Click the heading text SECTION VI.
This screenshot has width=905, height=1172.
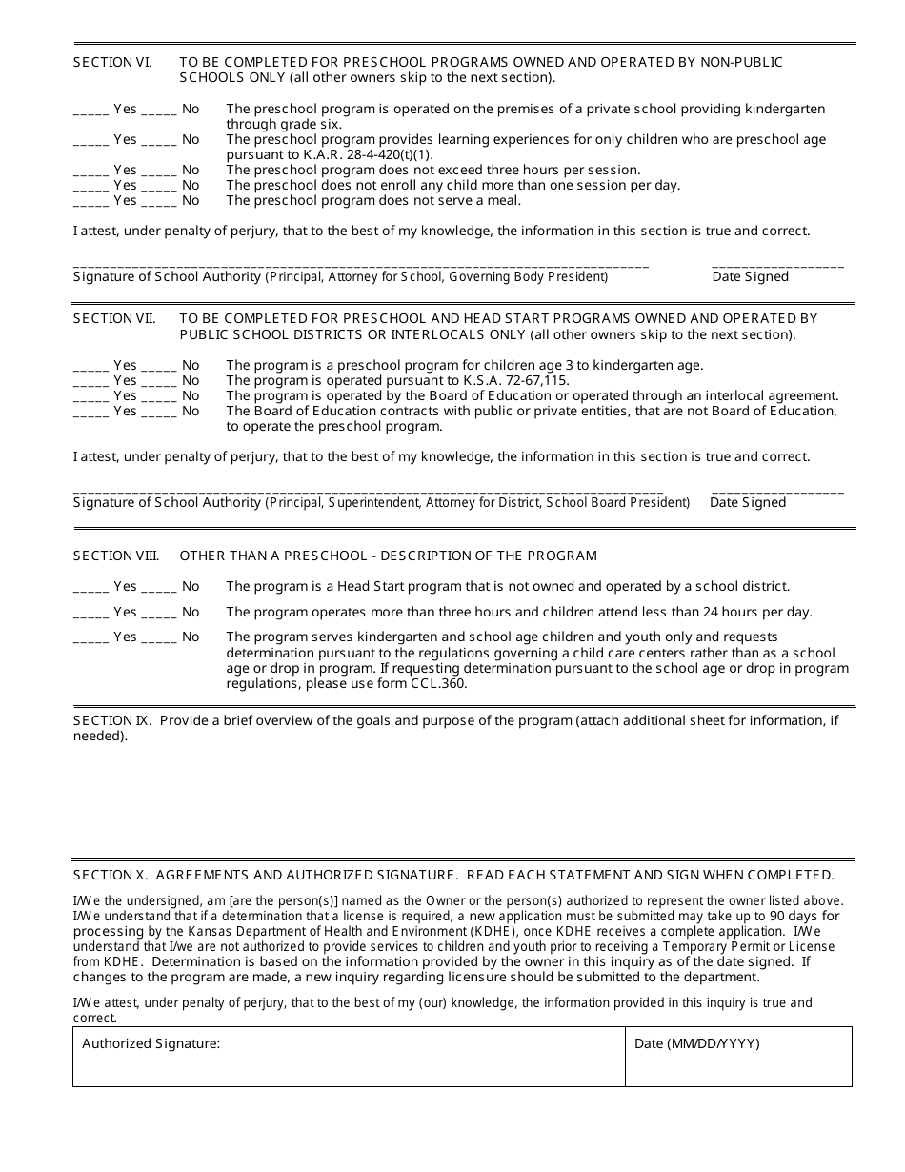pyautogui.click(x=112, y=62)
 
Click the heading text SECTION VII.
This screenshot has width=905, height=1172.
pyautogui.click(x=114, y=318)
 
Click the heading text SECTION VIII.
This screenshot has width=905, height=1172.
pyautogui.click(x=116, y=556)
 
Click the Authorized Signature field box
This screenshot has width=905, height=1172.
pyautogui.click(x=349, y=1057)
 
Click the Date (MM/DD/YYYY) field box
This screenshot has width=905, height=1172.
pyautogui.click(x=738, y=1057)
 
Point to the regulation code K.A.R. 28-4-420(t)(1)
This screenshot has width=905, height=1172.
pyautogui.click(x=368, y=154)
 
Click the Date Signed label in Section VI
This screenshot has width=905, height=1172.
pyautogui.click(x=751, y=276)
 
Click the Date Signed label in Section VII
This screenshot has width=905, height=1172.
pyautogui.click(x=749, y=502)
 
